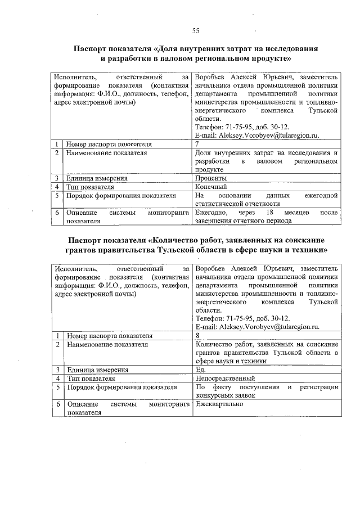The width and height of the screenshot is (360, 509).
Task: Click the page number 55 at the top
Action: (x=195, y=30)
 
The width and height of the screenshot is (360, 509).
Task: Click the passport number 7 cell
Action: (x=197, y=144)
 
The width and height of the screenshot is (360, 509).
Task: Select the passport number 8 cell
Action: (x=197, y=335)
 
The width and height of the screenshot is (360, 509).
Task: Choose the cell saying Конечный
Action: (x=211, y=186)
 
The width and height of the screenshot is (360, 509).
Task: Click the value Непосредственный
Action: (x=225, y=378)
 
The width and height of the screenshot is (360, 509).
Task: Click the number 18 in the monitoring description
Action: (x=269, y=213)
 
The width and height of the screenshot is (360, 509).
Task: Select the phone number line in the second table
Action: (x=242, y=318)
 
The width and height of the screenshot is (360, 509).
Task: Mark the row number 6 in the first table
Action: (x=57, y=213)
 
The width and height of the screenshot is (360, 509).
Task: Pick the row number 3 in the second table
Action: (x=57, y=370)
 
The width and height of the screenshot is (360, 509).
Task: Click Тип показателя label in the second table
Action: (x=90, y=378)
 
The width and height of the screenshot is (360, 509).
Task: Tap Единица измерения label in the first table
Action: (x=97, y=178)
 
